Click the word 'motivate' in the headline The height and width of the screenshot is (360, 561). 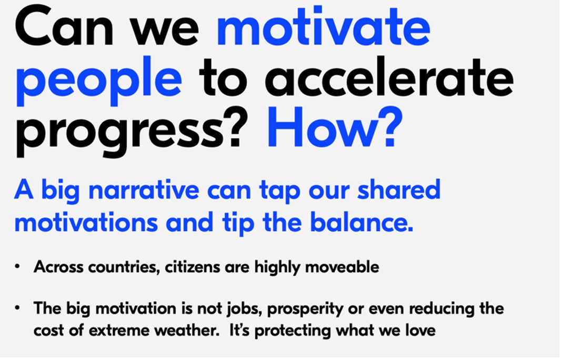pyautogui.click(x=324, y=26)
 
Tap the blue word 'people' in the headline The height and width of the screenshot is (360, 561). pyautogui.click(x=99, y=81)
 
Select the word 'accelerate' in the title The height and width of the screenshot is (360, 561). pyautogui.click(x=389, y=77)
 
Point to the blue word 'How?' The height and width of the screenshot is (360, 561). pyautogui.click(x=335, y=127)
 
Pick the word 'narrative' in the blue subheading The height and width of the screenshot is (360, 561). pyautogui.click(x=144, y=189)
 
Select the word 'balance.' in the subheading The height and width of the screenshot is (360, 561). pyautogui.click(x=362, y=222)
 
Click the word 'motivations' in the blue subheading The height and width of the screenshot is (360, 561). pyautogui.click(x=86, y=222)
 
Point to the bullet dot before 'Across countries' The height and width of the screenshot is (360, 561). pyautogui.click(x=17, y=267)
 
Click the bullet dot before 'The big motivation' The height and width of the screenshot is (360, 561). pyautogui.click(x=17, y=308)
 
